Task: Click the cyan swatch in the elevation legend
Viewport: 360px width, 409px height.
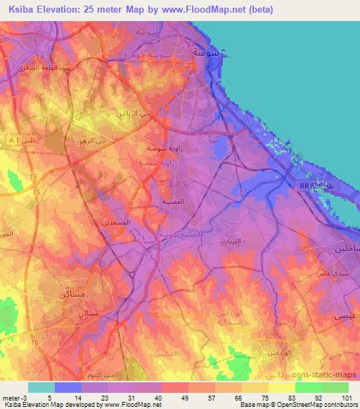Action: point(41,387)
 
